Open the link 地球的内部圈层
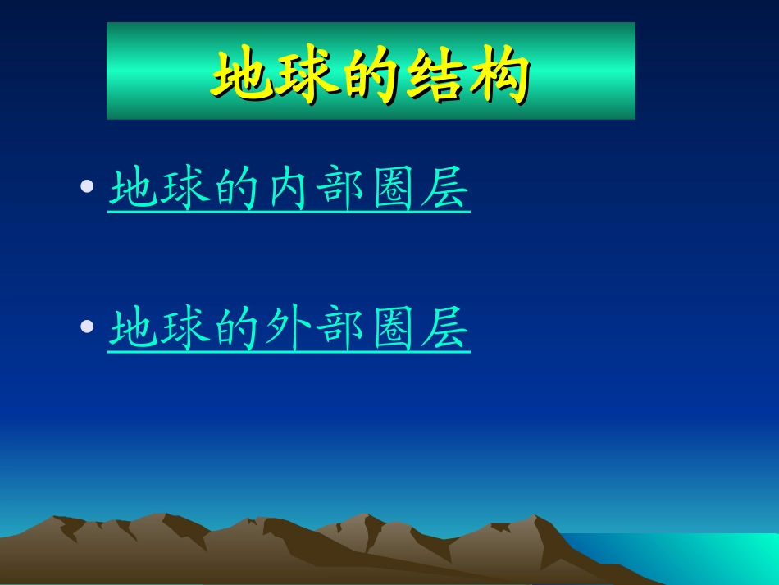click(x=289, y=190)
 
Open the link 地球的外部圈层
click(x=289, y=330)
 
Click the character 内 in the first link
click(x=289, y=190)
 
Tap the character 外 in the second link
click(x=289, y=330)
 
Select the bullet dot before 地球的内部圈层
click(x=88, y=188)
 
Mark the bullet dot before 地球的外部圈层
click(x=88, y=327)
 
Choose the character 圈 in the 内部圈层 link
click(x=394, y=190)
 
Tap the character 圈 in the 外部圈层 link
click(x=394, y=330)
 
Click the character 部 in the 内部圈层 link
click(x=342, y=190)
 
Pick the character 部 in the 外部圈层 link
click(x=342, y=330)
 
